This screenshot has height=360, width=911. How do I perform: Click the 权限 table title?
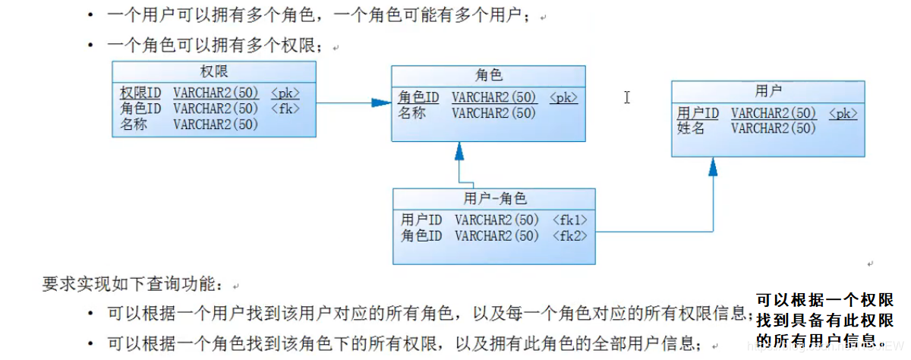tap(214, 71)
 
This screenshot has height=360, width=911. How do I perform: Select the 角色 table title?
tap(489, 75)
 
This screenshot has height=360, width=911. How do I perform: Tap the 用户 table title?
tap(768, 91)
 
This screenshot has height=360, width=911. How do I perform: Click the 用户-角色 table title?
tap(494, 199)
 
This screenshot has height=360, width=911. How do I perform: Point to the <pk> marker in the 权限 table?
tap(285, 93)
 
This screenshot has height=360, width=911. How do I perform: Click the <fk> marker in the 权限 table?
tap(285, 109)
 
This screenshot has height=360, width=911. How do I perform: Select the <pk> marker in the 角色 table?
tap(564, 97)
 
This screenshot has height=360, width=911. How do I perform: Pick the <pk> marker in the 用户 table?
tap(843, 113)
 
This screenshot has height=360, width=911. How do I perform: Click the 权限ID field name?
tap(141, 93)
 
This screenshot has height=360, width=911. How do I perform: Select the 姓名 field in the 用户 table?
tap(691, 128)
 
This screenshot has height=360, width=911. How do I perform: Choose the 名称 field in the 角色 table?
tap(411, 113)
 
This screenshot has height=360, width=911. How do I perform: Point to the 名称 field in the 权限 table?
tap(134, 125)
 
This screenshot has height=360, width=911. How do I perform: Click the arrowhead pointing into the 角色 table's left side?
tap(381, 102)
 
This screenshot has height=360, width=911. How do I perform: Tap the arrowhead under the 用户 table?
tap(713, 167)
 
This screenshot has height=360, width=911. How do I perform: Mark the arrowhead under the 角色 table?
tap(459, 151)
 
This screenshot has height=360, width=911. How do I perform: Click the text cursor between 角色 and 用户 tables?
tap(627, 97)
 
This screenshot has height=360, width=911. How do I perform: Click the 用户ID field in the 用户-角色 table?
tap(421, 219)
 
